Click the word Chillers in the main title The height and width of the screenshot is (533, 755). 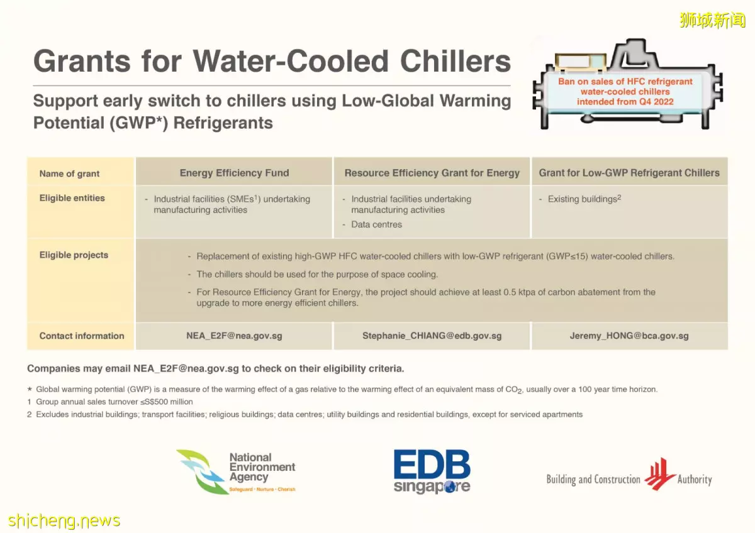[456, 61]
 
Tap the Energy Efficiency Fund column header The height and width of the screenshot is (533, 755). [234, 173]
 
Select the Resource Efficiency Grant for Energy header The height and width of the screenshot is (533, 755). [432, 173]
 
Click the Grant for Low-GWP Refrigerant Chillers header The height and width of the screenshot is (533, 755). [629, 173]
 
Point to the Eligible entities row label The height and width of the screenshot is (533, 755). [72, 198]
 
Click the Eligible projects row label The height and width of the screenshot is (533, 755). [74, 255]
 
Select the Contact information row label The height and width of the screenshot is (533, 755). [82, 336]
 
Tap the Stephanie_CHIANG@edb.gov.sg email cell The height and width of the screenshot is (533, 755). [432, 336]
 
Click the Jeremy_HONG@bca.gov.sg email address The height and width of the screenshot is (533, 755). [629, 336]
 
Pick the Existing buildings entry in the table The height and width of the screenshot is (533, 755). [584, 199]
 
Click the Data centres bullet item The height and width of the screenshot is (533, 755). [376, 224]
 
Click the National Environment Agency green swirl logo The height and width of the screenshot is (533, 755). [201, 472]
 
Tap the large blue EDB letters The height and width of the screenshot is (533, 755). [432, 464]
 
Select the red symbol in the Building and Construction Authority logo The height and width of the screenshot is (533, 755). [659, 474]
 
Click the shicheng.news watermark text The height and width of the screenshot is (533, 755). [64, 520]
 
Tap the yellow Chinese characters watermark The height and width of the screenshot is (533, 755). [712, 20]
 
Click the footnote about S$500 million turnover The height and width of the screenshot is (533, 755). [110, 402]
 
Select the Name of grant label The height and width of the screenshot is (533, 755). [69, 173]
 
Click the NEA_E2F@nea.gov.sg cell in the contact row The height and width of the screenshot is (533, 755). [234, 336]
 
